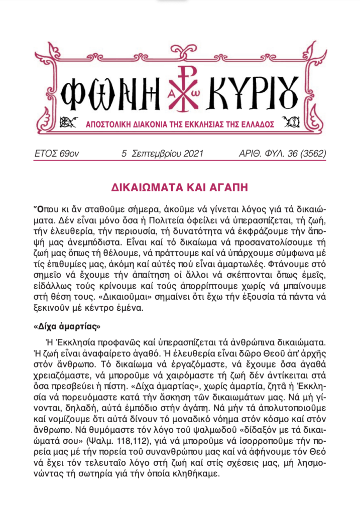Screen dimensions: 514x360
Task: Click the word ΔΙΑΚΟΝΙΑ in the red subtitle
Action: click(x=144, y=123)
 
